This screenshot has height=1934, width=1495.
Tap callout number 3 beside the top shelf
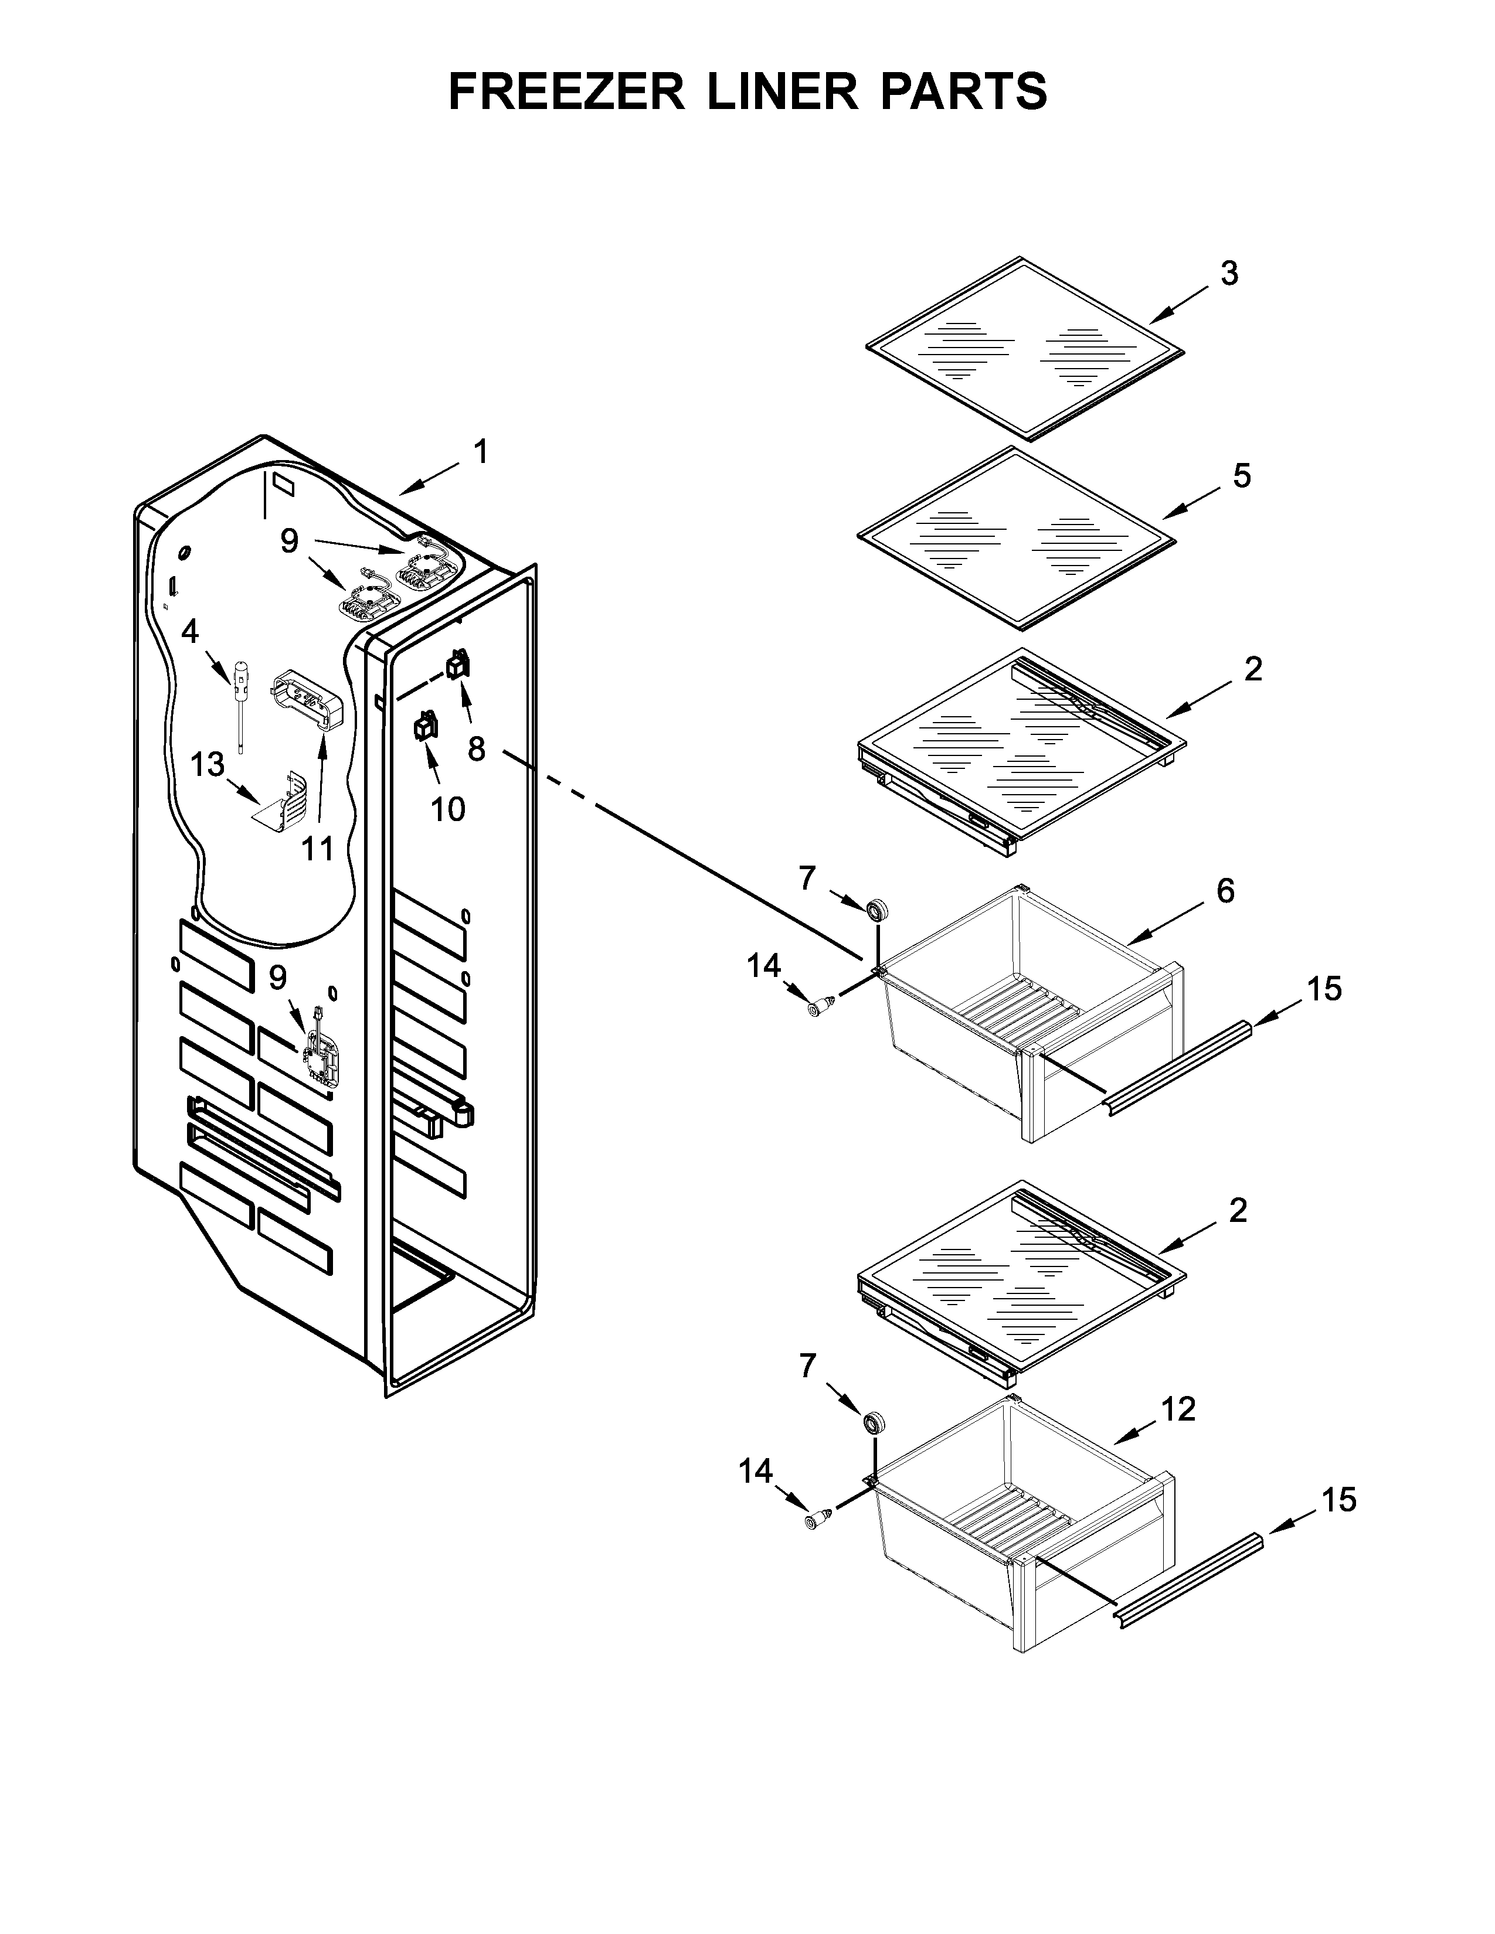coord(1229,274)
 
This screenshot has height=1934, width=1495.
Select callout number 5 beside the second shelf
coord(1242,476)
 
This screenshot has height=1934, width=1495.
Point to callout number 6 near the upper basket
coord(1225,891)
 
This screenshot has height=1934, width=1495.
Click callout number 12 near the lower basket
coord(1178,1409)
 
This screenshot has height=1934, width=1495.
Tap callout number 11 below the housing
coord(317,849)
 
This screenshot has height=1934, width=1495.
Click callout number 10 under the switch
coord(447,809)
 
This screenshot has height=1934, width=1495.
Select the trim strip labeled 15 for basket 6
coord(1177,1067)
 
